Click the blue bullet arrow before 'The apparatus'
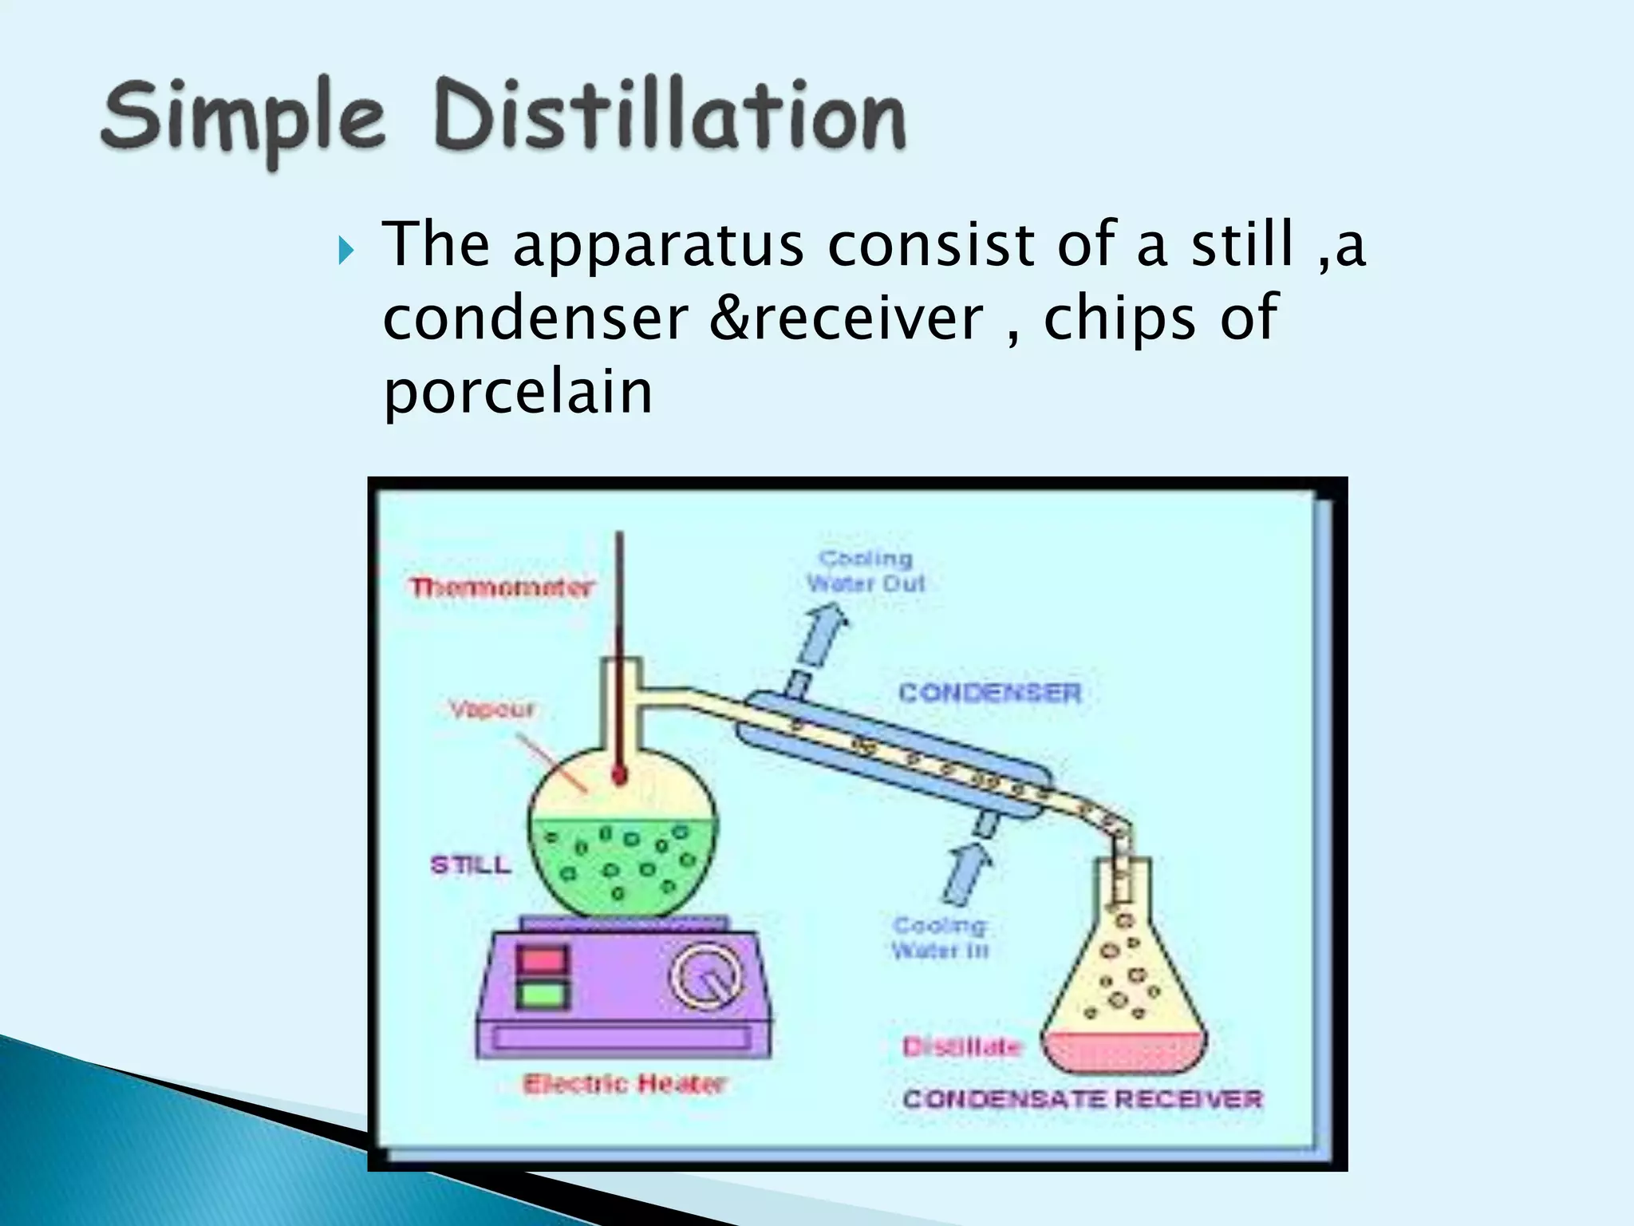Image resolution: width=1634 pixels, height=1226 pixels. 345,255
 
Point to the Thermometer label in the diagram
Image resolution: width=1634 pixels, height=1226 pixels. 501,588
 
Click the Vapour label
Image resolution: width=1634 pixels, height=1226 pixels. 491,709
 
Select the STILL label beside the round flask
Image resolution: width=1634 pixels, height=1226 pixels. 470,865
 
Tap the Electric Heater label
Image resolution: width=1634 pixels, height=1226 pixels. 624,1084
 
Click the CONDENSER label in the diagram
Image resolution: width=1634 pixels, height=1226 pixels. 989,692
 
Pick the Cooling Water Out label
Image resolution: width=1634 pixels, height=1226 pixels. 866,571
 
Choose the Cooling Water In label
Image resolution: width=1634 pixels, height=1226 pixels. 940,938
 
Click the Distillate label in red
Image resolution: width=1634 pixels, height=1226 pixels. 961,1046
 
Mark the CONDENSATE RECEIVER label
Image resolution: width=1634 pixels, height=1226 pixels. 1082,1099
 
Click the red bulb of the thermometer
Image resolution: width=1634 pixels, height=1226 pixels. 619,774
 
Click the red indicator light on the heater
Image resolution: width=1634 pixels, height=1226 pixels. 543,960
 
